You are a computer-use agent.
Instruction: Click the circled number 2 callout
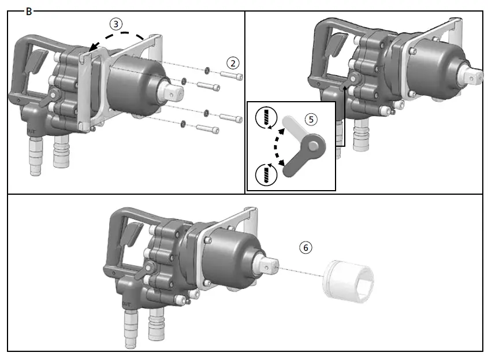[x=233, y=62]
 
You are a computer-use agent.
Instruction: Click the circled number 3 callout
[x=117, y=24]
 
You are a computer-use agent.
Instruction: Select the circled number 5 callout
[x=311, y=119]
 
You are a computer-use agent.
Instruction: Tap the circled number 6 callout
[x=306, y=247]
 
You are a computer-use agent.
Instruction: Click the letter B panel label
[x=29, y=11]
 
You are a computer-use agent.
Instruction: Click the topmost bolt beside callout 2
[x=232, y=75]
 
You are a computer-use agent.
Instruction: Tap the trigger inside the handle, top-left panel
[x=36, y=60]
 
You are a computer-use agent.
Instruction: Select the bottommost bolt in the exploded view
[x=208, y=129]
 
